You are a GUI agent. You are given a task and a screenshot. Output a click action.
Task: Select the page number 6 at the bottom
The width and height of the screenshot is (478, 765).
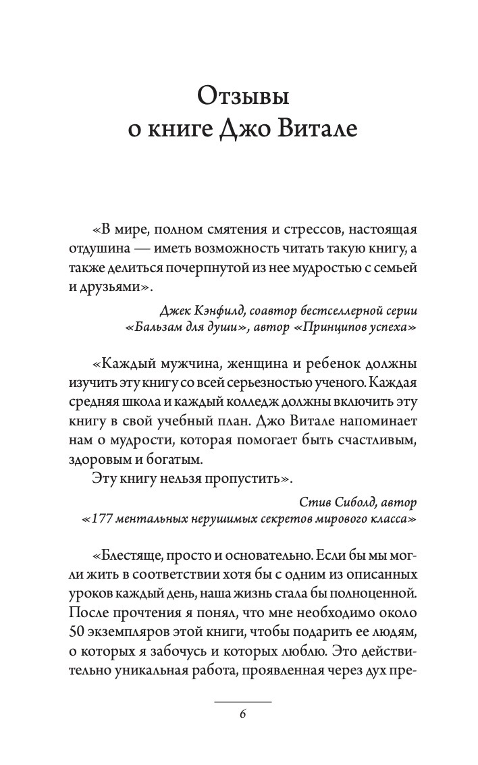[x=242, y=716]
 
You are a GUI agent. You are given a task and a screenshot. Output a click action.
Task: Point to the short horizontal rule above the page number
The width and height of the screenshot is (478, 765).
[x=242, y=702]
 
